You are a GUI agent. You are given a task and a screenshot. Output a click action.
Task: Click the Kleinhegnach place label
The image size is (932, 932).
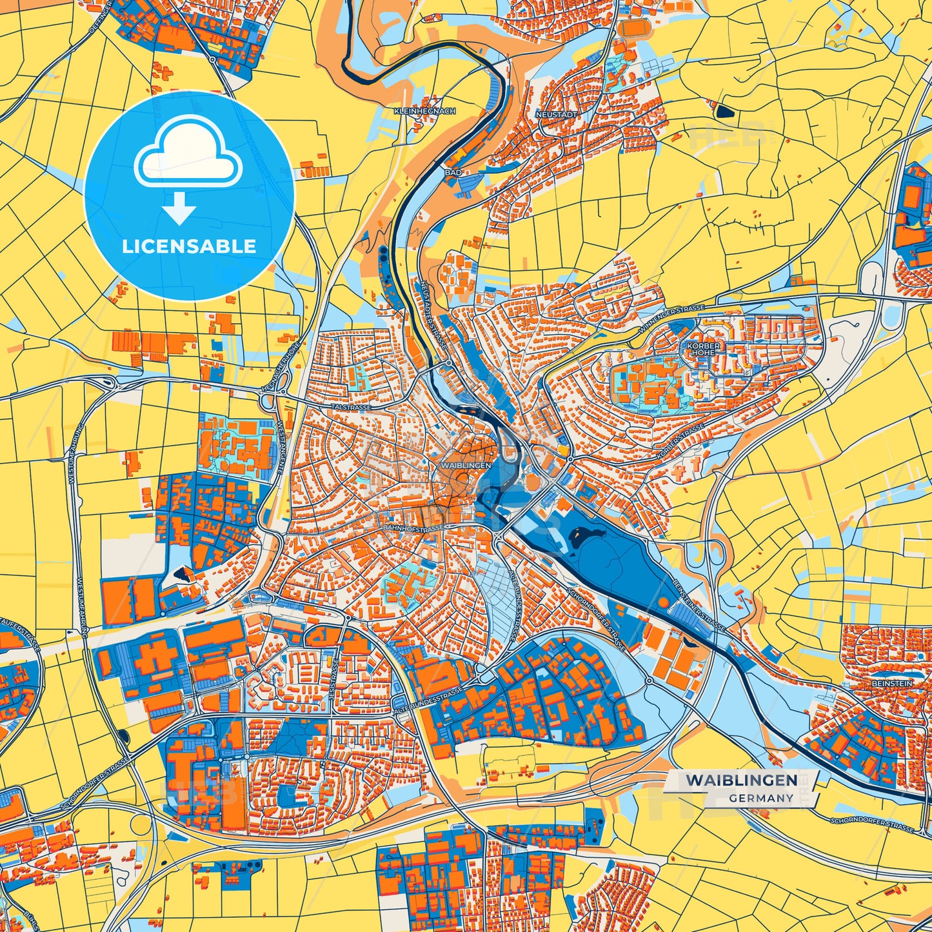pos(424,112)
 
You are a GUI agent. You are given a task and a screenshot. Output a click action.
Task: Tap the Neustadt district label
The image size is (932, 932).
pos(556,114)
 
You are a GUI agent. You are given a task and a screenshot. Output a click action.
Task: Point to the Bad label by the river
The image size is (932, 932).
pos(453,173)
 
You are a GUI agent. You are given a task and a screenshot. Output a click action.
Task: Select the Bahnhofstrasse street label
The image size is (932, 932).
pos(413,528)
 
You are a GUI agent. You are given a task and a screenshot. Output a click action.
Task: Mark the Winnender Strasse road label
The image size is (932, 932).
pos(673,319)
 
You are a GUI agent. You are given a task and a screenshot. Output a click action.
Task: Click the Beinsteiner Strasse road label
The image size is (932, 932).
pos(699,603)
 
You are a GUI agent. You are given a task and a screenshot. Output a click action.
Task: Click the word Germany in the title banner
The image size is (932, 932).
pos(762,798)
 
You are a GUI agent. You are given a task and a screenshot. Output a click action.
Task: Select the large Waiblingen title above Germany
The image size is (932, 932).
pos(741,780)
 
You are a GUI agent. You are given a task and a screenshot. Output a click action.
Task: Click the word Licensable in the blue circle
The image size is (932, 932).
pos(189,246)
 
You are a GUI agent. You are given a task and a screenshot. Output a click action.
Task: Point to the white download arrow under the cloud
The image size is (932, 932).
pos(179,208)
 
